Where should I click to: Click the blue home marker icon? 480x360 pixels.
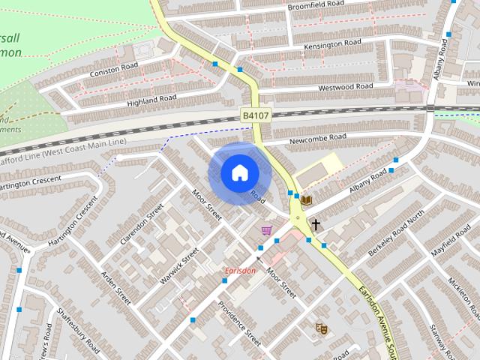click(x=238, y=172)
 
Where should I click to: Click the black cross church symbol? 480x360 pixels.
click(x=316, y=223)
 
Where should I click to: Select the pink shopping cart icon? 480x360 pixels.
click(x=266, y=230)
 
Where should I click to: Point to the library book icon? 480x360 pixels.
click(x=306, y=199)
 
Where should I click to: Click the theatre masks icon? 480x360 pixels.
click(x=322, y=328)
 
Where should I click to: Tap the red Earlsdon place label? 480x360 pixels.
click(x=240, y=271)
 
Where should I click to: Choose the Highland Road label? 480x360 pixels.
click(x=152, y=99)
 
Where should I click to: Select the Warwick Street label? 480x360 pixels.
click(x=179, y=265)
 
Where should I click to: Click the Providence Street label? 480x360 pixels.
click(x=238, y=323)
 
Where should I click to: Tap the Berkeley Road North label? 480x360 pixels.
click(x=396, y=235)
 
